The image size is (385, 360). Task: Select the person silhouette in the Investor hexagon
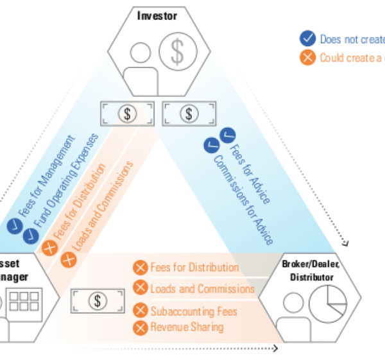tap(141, 63)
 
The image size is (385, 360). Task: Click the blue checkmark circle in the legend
tap(308, 39)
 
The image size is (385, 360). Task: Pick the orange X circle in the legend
tap(308, 58)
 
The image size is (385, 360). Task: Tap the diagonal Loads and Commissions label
tap(103, 205)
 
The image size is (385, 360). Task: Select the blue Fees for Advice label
tap(253, 169)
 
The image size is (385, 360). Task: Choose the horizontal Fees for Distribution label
tap(194, 268)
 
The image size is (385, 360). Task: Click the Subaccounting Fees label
tap(194, 312)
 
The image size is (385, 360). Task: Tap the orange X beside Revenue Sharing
tap(141, 327)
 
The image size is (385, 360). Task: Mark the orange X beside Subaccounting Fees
tap(141, 311)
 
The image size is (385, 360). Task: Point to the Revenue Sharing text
tap(187, 327)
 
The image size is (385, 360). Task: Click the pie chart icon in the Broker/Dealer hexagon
tap(327, 305)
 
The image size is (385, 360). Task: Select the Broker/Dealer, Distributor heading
tap(311, 270)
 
